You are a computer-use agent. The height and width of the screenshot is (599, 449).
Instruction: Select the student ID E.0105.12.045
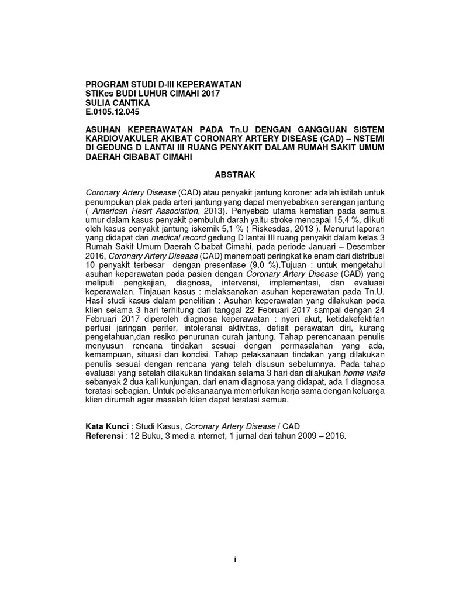pyautogui.click(x=113, y=112)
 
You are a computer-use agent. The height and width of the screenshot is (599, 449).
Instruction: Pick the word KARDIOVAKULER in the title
pyautogui.click(x=121, y=139)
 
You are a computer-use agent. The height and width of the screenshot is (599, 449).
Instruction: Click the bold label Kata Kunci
pyautogui.click(x=107, y=426)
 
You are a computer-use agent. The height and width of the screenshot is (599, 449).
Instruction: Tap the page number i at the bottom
pyautogui.click(x=234, y=559)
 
